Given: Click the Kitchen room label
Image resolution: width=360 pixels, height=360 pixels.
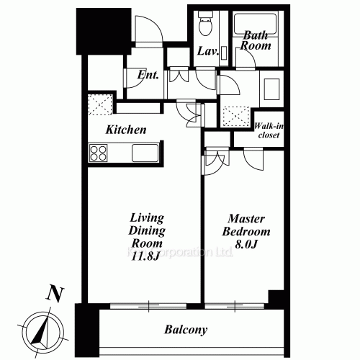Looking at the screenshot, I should [x=127, y=130].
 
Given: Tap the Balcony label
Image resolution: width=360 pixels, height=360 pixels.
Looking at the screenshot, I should [x=186, y=330].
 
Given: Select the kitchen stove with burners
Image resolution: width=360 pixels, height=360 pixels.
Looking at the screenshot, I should [x=99, y=153].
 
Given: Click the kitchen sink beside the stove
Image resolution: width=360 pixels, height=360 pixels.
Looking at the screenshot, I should [x=145, y=153].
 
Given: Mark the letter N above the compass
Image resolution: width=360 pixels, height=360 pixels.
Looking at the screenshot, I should [x=52, y=294].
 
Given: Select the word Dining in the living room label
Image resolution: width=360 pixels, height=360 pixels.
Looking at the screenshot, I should [x=148, y=231].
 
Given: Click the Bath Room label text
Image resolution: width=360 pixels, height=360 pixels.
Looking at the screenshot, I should [x=256, y=40].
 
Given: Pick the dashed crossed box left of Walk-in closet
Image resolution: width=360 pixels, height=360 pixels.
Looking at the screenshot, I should [x=235, y=117].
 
